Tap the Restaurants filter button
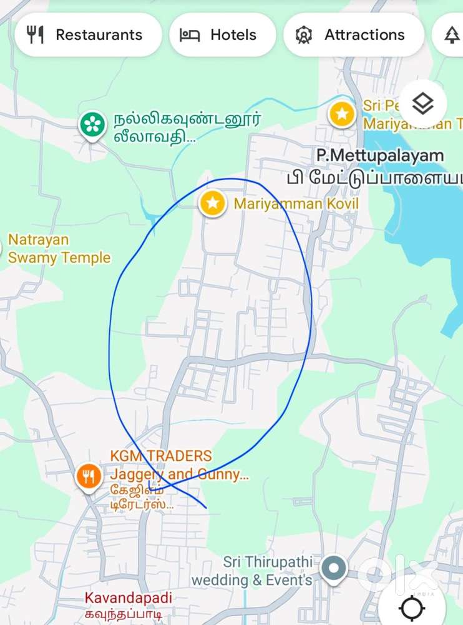pos(87,35)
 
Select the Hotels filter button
pos(222,35)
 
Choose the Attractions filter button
pos(353,35)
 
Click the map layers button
pos(423,104)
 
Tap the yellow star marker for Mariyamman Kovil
pos(213,203)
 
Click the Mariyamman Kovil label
pos(296,204)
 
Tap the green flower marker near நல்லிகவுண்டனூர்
pos(92,124)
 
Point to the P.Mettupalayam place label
pos(379,155)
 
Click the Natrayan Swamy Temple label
pos(59,249)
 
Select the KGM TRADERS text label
pos(161,456)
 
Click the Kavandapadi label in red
pos(128,597)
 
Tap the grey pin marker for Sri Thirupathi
pos(334,569)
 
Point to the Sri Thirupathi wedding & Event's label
pos(252,571)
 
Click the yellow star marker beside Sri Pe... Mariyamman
pos(342,114)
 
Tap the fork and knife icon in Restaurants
pos(36,35)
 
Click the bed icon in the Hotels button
pos(190,35)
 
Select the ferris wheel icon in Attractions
pos(304,35)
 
